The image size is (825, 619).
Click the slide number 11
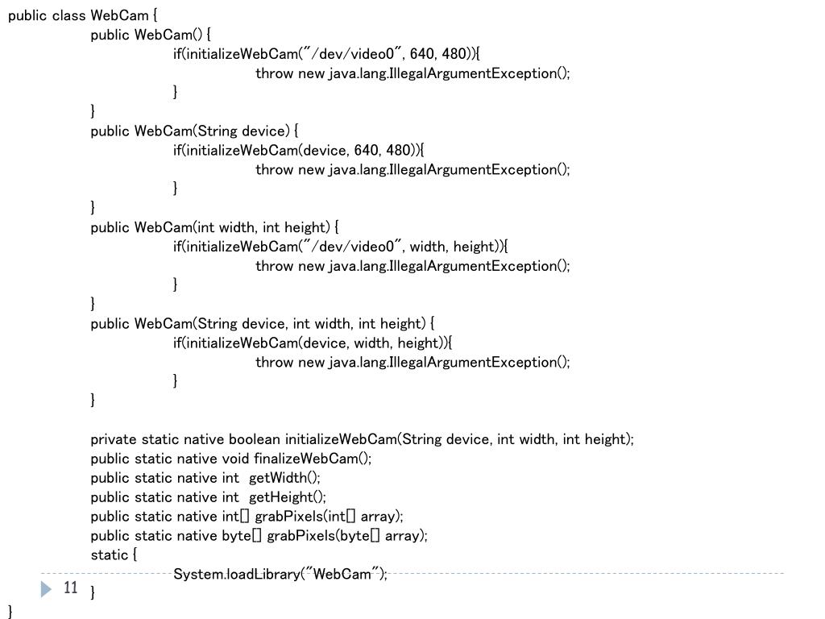(71, 588)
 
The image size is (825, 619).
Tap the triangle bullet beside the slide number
(46, 589)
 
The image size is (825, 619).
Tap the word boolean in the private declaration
(255, 439)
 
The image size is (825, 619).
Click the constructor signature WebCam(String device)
(212, 131)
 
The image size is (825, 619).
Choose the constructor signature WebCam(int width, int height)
(232, 227)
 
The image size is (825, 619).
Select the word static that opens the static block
(110, 555)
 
